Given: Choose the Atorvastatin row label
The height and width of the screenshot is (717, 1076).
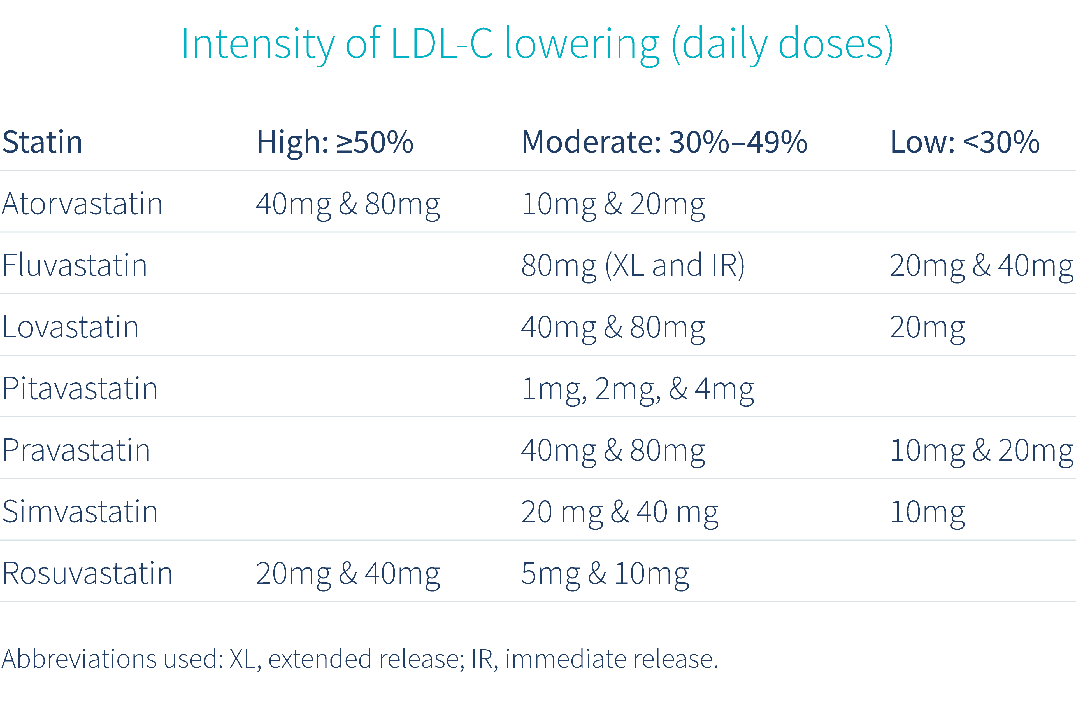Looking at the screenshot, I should (82, 204).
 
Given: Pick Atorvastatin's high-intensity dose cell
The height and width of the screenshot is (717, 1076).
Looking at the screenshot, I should (348, 204).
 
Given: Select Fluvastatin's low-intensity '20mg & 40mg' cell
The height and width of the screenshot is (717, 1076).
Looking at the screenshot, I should (981, 266).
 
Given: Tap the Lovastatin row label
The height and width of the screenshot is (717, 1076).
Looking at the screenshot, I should (70, 327).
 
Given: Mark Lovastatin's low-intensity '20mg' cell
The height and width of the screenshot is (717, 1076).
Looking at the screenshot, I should (927, 327).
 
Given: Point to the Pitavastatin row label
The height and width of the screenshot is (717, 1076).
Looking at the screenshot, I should (80, 389).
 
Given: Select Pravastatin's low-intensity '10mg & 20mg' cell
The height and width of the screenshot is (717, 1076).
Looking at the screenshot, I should (981, 450).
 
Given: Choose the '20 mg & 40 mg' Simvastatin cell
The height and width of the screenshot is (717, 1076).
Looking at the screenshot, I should (619, 512).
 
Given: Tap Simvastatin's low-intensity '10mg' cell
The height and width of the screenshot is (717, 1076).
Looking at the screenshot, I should (927, 512).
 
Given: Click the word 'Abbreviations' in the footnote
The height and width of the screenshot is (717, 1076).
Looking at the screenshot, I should (79, 659).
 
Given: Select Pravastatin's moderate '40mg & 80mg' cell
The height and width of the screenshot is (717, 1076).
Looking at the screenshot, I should (613, 450).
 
